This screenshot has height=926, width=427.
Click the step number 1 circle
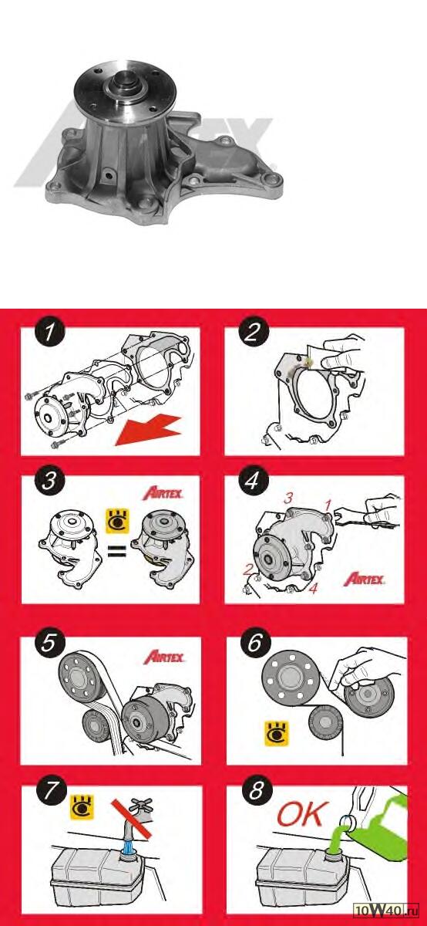tap(50, 332)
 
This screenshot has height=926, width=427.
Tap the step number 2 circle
tap(253, 332)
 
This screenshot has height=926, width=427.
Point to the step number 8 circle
tap(257, 790)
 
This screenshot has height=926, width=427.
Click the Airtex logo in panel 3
tap(163, 493)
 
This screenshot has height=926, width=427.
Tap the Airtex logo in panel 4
tap(364, 579)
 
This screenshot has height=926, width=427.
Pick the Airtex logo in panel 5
tap(164, 657)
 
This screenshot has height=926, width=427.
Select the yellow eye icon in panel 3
tap(117, 520)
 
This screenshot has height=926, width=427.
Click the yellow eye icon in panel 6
tap(277, 733)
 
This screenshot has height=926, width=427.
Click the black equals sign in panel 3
tap(117, 551)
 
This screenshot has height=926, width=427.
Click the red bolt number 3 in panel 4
tap(288, 498)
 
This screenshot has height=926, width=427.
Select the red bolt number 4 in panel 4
tap(314, 588)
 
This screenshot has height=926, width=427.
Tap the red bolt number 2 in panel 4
tap(247, 569)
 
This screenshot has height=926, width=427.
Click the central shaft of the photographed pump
tap(125, 79)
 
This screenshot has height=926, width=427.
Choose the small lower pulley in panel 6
tap(326, 722)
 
